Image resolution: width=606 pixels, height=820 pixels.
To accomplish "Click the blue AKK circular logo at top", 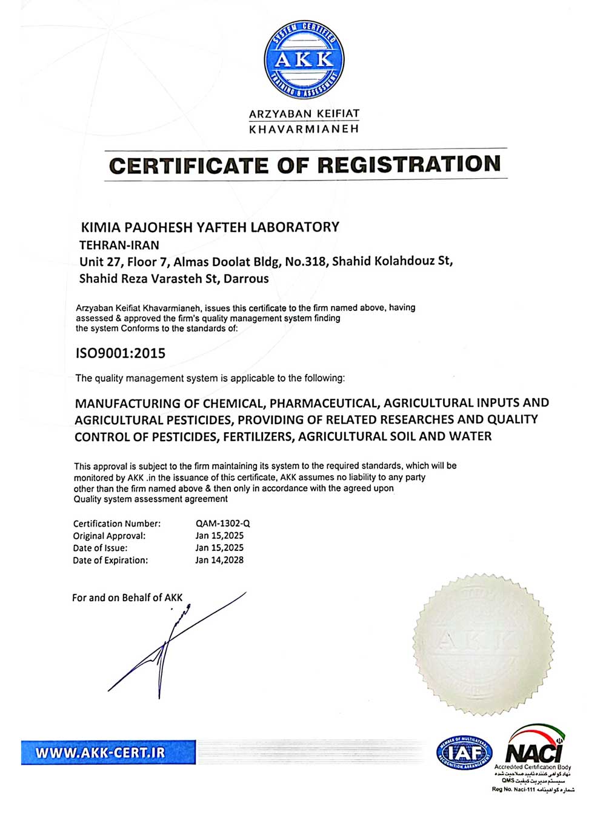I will point(304,59).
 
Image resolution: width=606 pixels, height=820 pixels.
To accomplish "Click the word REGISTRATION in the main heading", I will point(409,165).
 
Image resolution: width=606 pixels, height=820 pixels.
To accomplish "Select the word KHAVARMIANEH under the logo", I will point(304,129).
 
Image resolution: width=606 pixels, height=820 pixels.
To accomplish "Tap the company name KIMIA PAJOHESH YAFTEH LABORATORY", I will point(210,227).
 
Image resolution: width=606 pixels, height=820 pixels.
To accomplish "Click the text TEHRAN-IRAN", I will point(119,245).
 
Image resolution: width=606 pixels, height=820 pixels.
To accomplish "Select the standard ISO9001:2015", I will point(120,353).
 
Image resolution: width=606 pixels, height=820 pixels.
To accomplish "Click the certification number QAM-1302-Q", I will point(222,523).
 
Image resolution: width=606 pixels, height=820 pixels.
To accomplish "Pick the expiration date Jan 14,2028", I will point(219,560).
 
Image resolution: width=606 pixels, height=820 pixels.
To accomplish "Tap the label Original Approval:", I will point(109,536).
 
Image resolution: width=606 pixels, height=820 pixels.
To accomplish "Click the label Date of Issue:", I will point(100,548).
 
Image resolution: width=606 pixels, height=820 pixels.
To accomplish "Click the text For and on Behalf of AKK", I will point(127,598).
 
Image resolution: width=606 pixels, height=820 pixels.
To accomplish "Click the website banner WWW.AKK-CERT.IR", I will point(101,753).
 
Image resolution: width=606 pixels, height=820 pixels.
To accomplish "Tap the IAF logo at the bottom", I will point(464,753).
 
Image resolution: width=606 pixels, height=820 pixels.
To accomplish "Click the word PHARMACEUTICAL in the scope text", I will point(324,403).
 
